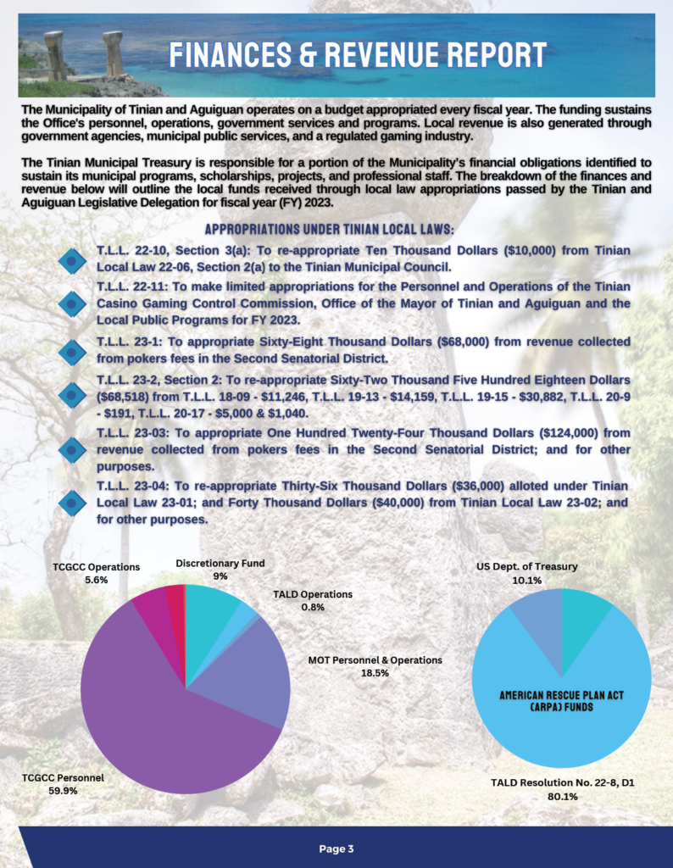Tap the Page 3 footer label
point(336,849)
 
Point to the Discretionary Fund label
point(220,563)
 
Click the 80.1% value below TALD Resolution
point(562,797)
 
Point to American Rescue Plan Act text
point(561,694)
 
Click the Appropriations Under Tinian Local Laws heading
point(331,230)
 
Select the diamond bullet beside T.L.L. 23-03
point(73,449)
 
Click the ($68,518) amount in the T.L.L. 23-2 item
point(126,396)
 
